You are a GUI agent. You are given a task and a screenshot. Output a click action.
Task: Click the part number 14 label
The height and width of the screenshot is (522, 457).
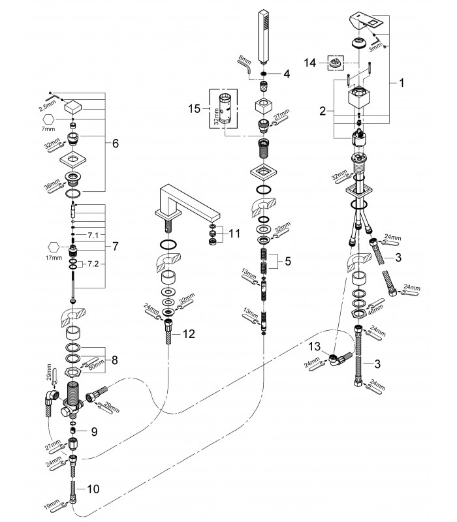[x=309, y=63]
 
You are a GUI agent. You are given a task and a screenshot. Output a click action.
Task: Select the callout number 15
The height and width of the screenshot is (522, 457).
[x=194, y=108]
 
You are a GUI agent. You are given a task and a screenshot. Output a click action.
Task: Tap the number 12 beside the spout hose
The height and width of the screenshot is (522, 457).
[x=189, y=333]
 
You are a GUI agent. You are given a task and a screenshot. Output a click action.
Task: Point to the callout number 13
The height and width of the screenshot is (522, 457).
[x=315, y=346]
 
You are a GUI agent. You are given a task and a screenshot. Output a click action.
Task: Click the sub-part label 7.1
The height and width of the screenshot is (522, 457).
[x=93, y=236]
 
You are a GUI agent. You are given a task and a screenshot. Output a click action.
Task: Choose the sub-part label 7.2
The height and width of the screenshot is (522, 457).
[x=93, y=264]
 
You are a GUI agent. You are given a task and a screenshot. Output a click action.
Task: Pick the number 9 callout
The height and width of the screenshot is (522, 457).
[x=94, y=432]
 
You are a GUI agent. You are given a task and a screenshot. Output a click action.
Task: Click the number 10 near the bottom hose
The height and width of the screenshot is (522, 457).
[x=93, y=489]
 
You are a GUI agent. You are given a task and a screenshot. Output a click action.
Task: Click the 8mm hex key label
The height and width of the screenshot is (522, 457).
[x=244, y=60]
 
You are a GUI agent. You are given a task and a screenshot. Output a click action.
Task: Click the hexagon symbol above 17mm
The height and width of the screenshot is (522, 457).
[x=54, y=247]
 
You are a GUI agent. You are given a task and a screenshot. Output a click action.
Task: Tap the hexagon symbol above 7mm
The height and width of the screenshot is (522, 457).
[x=48, y=119]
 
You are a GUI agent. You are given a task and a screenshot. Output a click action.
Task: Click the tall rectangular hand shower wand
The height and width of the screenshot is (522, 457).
[x=264, y=37]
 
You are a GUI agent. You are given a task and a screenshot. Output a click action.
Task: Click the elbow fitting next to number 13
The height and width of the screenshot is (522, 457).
[x=339, y=360]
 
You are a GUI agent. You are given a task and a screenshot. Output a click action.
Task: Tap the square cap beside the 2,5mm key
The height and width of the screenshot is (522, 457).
[x=73, y=108]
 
